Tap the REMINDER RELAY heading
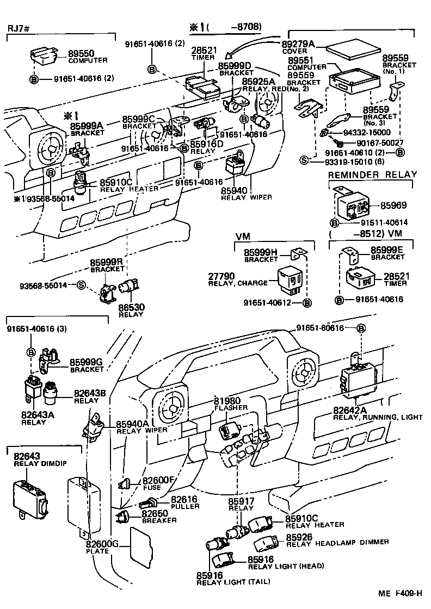tap(372, 175)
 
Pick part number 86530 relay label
tap(131, 307)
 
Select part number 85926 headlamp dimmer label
tap(300, 536)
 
